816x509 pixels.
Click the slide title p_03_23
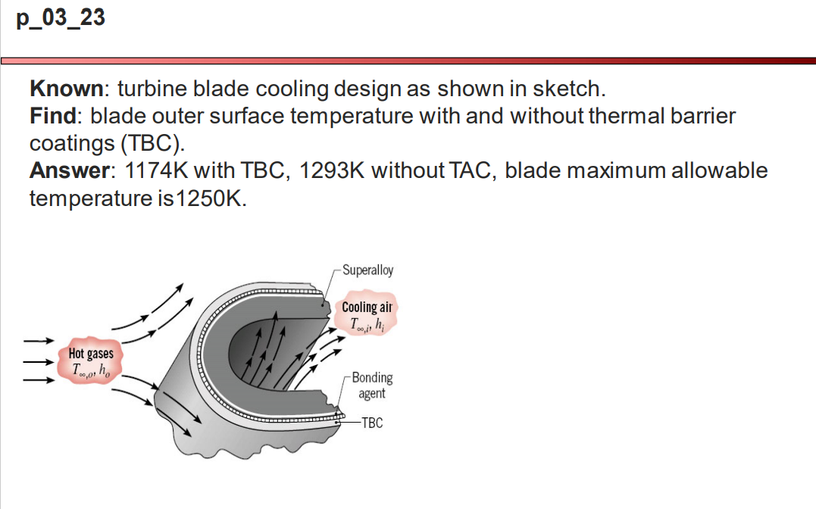pos(60,18)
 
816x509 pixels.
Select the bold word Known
pos(66,89)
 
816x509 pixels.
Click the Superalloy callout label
pos(367,270)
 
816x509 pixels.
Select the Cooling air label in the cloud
pos(367,307)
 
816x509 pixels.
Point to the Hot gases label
pos(91,354)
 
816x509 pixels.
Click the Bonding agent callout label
pos(372,385)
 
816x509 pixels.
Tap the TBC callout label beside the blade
pos(372,423)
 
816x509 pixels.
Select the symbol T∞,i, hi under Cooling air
pos(368,323)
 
